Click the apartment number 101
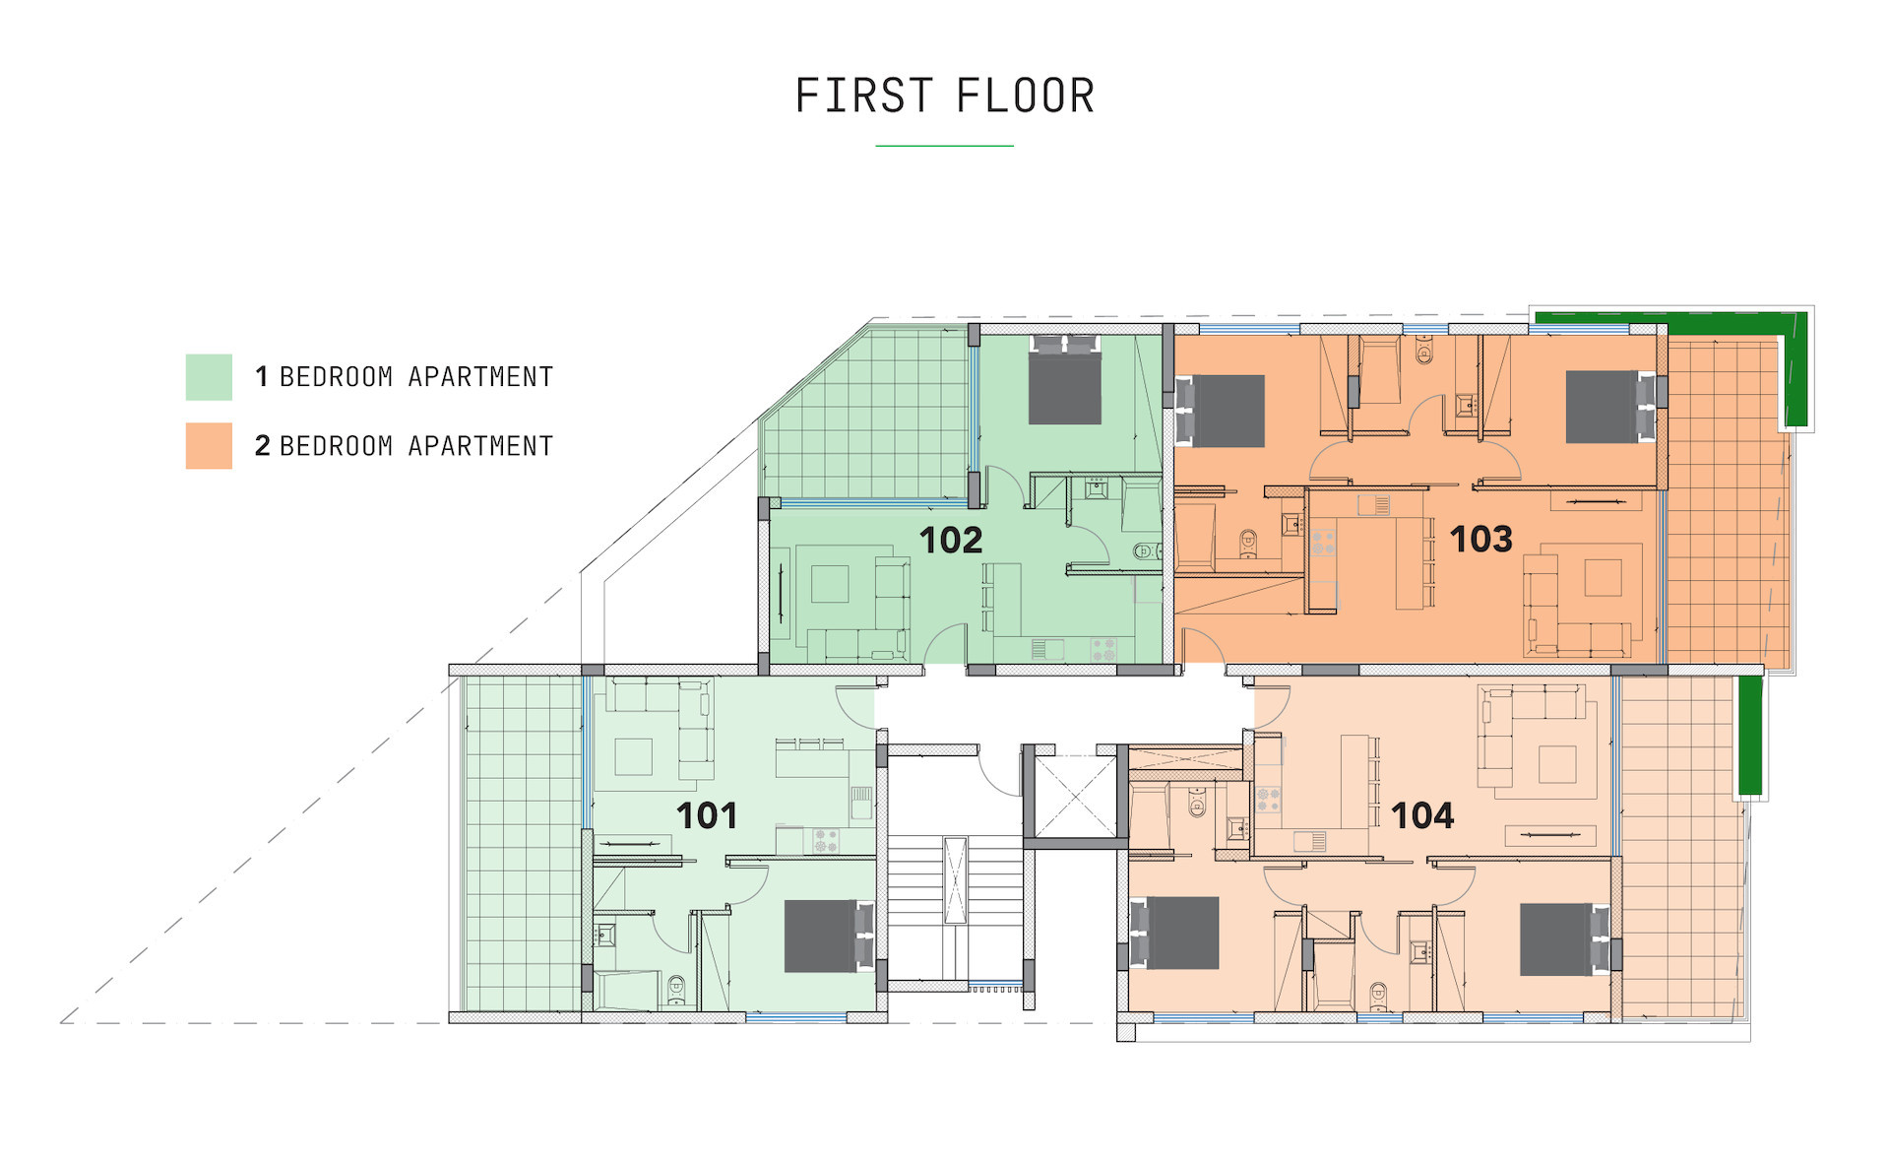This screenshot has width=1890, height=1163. (x=707, y=815)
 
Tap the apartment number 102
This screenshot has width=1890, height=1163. (x=951, y=540)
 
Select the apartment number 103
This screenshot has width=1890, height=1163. (x=1481, y=539)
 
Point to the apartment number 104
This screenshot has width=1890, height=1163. (x=1422, y=815)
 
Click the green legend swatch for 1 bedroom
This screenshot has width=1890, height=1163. (x=209, y=377)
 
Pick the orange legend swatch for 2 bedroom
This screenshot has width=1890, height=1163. (x=209, y=445)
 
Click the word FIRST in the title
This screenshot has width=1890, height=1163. (x=864, y=96)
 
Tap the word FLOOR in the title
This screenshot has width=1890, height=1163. (x=1026, y=96)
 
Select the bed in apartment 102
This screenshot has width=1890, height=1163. (x=1065, y=380)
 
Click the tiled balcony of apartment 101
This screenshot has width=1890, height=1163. (x=523, y=844)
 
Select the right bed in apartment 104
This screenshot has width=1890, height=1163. (x=1565, y=939)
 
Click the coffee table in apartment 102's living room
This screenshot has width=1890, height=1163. (x=830, y=584)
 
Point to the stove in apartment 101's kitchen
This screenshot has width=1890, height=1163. (x=825, y=841)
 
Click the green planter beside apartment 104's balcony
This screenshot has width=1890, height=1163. (x=1749, y=735)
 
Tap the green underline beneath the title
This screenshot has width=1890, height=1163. (x=945, y=146)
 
